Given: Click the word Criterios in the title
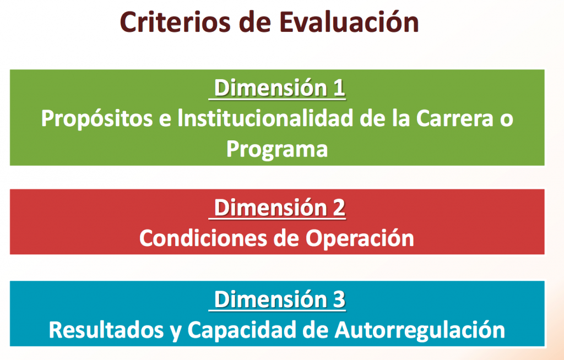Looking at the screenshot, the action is pyautogui.click(x=175, y=23).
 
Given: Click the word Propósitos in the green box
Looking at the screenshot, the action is pyautogui.click(x=97, y=119).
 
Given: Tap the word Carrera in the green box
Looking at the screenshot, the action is pyautogui.click(x=454, y=118).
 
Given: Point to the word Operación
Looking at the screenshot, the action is pyautogui.click(x=360, y=238).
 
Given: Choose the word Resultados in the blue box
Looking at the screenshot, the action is pyautogui.click(x=106, y=330).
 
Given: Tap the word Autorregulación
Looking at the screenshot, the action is pyautogui.click(x=420, y=330).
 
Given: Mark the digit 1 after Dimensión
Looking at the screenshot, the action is pyautogui.click(x=339, y=88).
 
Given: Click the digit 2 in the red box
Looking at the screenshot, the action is pyautogui.click(x=339, y=208).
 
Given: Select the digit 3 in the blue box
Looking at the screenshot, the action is pyautogui.click(x=339, y=299).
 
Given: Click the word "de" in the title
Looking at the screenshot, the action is pyautogui.click(x=254, y=23).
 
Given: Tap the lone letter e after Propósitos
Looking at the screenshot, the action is pyautogui.click(x=165, y=121).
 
